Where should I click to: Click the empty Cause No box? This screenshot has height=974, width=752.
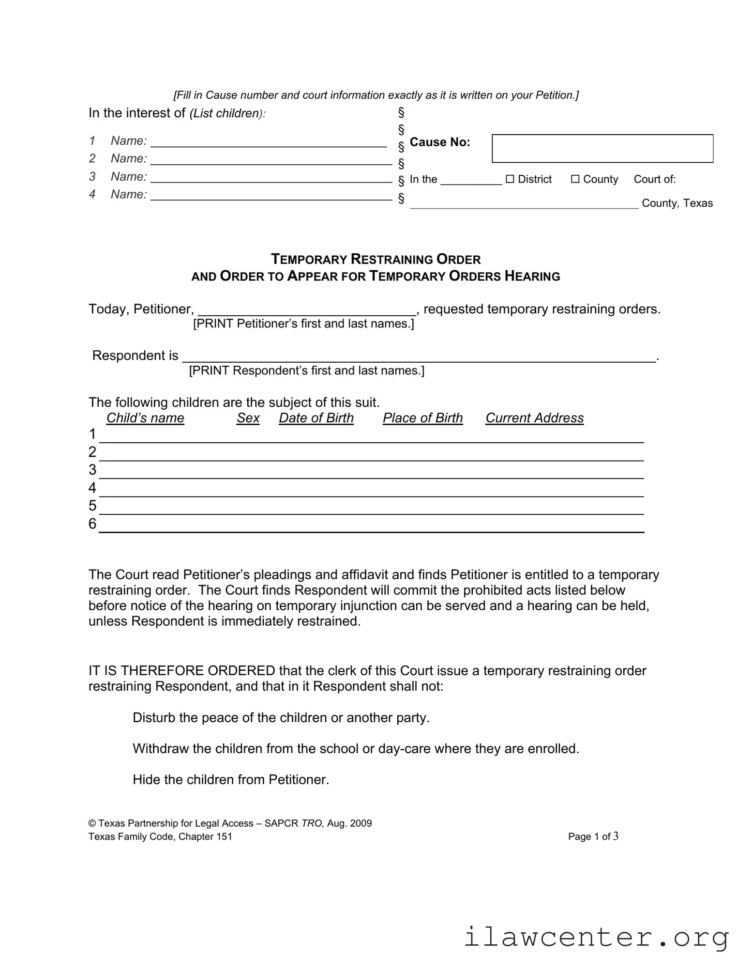[x=602, y=148]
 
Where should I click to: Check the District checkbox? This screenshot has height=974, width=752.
[x=510, y=179]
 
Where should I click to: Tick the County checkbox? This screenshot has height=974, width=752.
[x=575, y=179]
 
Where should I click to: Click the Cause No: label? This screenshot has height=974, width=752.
[x=439, y=142]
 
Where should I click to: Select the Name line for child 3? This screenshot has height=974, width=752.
[x=271, y=178]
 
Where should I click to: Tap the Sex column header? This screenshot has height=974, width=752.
[x=248, y=418]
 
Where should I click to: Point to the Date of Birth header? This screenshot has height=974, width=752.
[x=316, y=418]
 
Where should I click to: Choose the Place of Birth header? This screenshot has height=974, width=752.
[x=422, y=418]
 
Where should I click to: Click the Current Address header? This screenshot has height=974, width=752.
[x=534, y=418]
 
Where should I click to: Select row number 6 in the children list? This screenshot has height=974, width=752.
[x=92, y=524]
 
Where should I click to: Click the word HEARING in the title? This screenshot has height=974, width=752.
[x=532, y=277]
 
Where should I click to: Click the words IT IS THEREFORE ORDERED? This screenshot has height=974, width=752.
[x=181, y=671]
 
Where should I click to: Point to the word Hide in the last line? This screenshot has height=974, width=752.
[x=146, y=779]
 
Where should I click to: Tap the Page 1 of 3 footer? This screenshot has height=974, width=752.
[x=593, y=836]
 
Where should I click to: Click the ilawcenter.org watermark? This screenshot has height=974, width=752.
[x=596, y=937]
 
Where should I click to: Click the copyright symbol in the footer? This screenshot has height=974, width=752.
[x=92, y=823]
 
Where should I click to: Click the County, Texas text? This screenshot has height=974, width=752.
[x=677, y=203]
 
